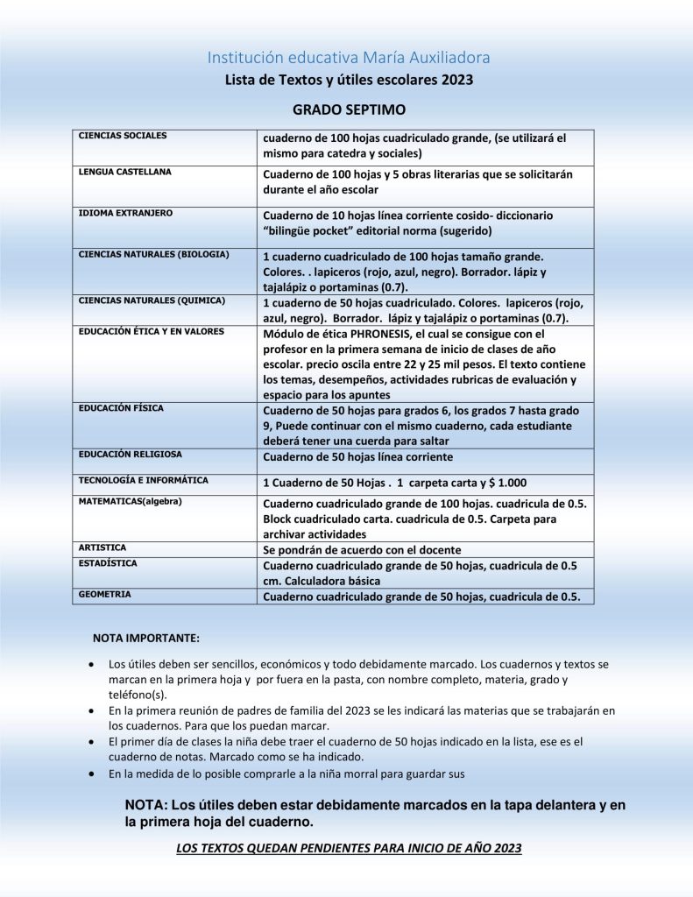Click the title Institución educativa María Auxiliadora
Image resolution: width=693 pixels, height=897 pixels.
(x=348, y=58)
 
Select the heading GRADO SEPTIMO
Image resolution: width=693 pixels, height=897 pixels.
(x=348, y=110)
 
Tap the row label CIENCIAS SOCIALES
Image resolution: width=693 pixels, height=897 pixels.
(x=123, y=137)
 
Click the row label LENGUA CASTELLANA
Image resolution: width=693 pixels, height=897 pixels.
(x=125, y=173)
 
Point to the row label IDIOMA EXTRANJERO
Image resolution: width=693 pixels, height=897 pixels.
(x=125, y=214)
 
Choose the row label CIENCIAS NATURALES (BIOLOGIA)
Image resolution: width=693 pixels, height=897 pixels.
(x=154, y=255)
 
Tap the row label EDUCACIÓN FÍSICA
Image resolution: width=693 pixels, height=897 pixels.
(x=121, y=409)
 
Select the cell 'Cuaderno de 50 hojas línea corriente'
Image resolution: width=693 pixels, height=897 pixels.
(x=358, y=457)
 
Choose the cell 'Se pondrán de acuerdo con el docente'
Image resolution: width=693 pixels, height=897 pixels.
(x=362, y=550)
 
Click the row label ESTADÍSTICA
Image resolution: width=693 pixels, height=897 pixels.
(x=108, y=564)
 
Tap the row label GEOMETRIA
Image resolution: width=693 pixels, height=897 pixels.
(x=105, y=595)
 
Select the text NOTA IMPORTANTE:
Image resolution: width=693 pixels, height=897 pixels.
(x=146, y=637)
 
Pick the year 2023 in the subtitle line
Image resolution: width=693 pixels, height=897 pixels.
(x=456, y=81)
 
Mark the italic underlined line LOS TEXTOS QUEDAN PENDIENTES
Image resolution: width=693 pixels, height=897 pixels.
(x=349, y=848)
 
